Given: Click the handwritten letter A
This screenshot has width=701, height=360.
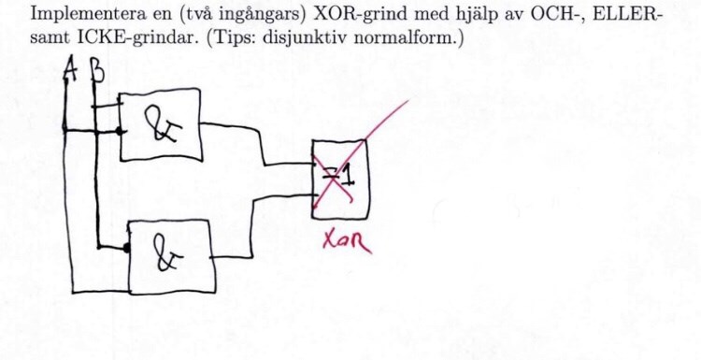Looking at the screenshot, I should tap(67, 72).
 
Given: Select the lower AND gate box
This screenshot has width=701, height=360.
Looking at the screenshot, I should tap(171, 254).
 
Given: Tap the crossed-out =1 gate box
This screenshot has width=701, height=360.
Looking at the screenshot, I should tap(339, 178).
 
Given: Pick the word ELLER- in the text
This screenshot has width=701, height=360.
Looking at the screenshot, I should tap(607, 16).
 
